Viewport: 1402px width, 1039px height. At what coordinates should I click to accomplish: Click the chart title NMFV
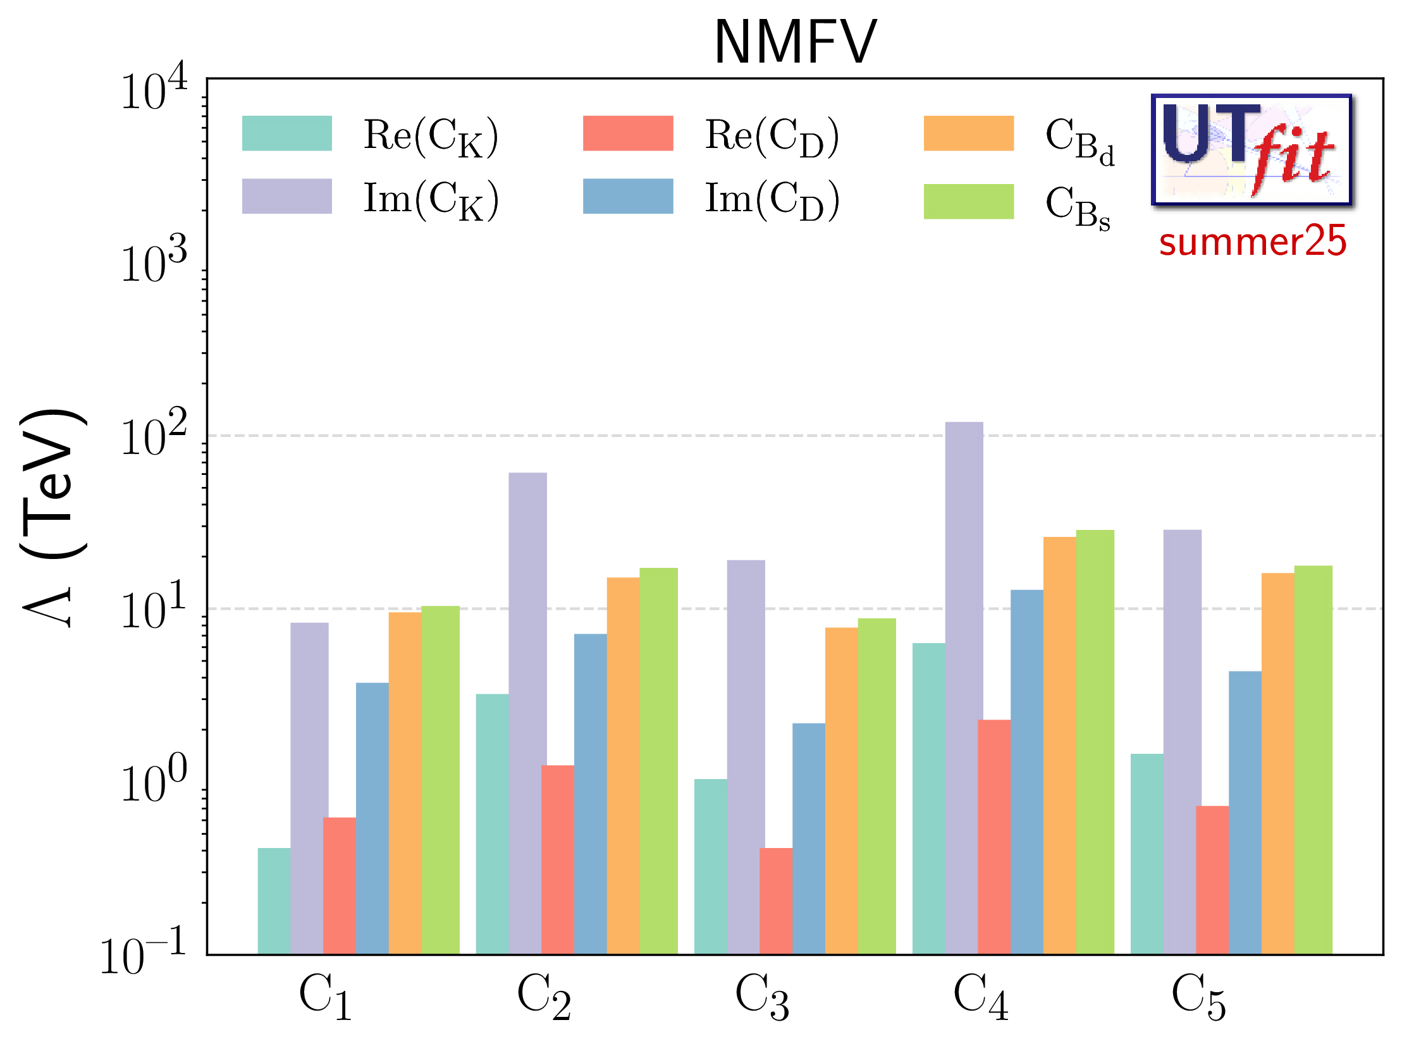(x=795, y=42)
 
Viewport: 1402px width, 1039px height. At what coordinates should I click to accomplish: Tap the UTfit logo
(x=1250, y=150)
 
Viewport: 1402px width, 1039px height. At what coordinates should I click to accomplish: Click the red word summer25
(x=1252, y=242)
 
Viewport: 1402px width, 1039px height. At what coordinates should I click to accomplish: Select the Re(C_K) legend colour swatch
(x=286, y=133)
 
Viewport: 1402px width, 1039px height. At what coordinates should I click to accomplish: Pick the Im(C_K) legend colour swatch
(x=286, y=196)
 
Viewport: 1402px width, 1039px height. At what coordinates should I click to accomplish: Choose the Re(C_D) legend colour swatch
(x=627, y=133)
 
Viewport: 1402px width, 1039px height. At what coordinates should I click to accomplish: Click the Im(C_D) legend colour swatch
(x=627, y=196)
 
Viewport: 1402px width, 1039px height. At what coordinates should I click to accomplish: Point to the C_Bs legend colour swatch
(x=968, y=202)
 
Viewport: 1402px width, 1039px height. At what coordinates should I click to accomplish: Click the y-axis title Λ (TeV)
(x=54, y=519)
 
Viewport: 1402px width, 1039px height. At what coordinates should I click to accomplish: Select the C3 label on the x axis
(x=761, y=997)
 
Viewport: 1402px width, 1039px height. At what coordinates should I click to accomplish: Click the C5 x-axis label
(x=1198, y=997)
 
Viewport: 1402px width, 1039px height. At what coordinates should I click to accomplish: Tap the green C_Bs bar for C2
(x=658, y=759)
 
